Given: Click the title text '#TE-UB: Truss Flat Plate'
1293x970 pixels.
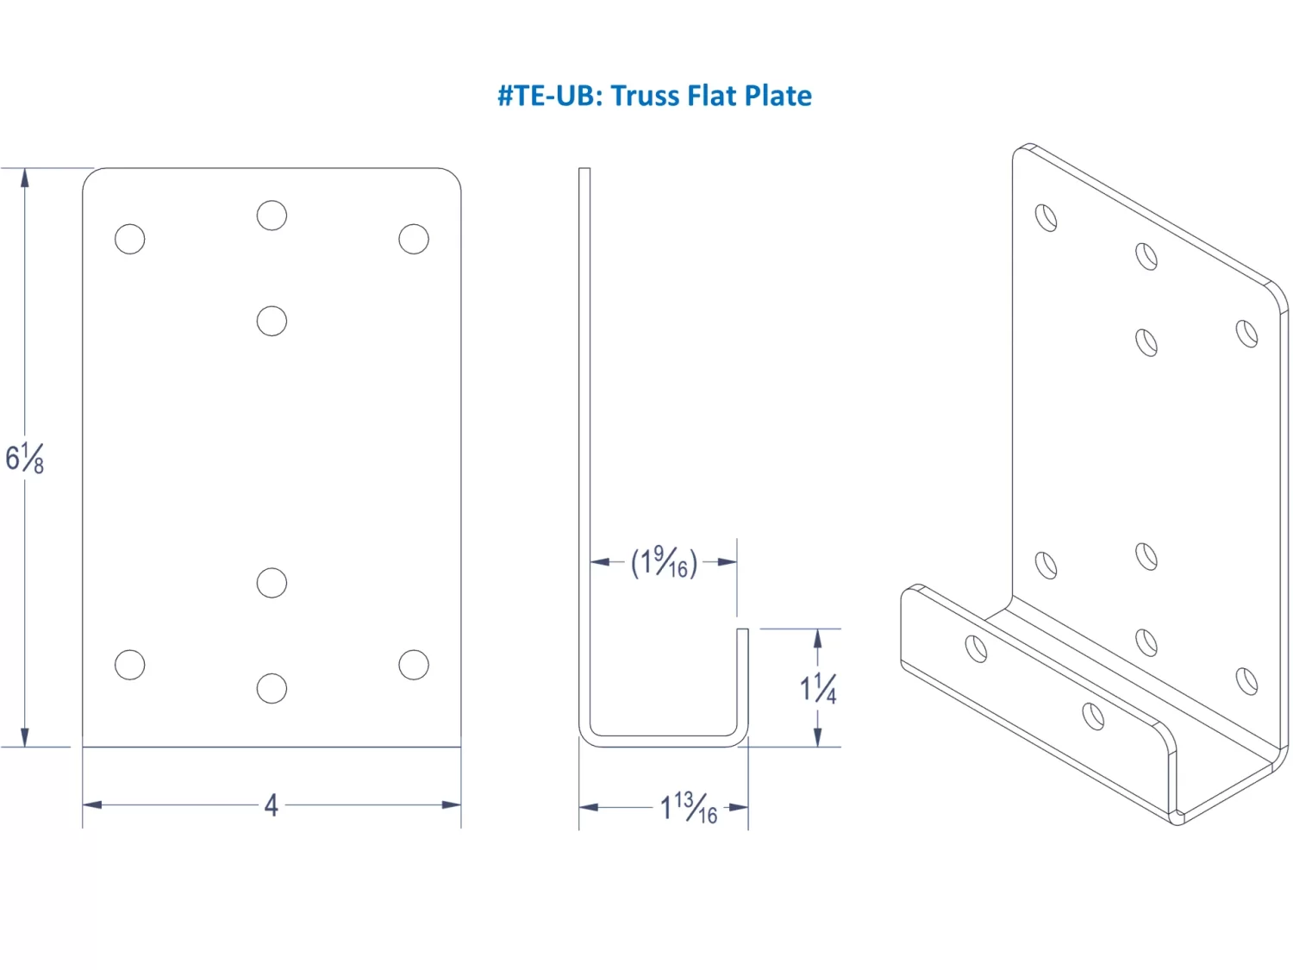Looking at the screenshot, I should [654, 96].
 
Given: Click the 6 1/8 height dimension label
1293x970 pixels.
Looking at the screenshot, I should [24, 458].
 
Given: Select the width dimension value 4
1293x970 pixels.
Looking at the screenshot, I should [272, 805].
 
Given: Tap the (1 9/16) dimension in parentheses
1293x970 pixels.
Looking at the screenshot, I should [663, 562].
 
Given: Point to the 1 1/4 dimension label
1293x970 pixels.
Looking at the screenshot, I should [817, 688].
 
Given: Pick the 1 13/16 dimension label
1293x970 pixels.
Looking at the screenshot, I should [688, 808].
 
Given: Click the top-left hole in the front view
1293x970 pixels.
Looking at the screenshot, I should [130, 239].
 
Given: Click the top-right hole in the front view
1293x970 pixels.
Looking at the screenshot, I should [414, 239].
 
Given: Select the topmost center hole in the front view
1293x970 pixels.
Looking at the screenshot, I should [272, 216].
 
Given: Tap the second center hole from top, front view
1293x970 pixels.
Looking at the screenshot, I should [272, 321].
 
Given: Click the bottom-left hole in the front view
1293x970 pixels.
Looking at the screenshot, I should [130, 665].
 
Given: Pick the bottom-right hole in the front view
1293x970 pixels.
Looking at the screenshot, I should [414, 665].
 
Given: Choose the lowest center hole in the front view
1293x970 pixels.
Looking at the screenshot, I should [272, 688].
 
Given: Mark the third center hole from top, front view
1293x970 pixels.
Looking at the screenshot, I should [272, 583].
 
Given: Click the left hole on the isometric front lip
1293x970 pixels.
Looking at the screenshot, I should [977, 648].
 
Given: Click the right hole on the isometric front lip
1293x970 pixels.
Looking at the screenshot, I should [1093, 716].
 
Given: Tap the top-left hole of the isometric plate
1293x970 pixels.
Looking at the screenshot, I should [1046, 217].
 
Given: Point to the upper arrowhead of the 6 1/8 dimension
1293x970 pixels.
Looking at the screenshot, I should [25, 177].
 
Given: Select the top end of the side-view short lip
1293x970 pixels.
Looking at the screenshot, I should [742, 631].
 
